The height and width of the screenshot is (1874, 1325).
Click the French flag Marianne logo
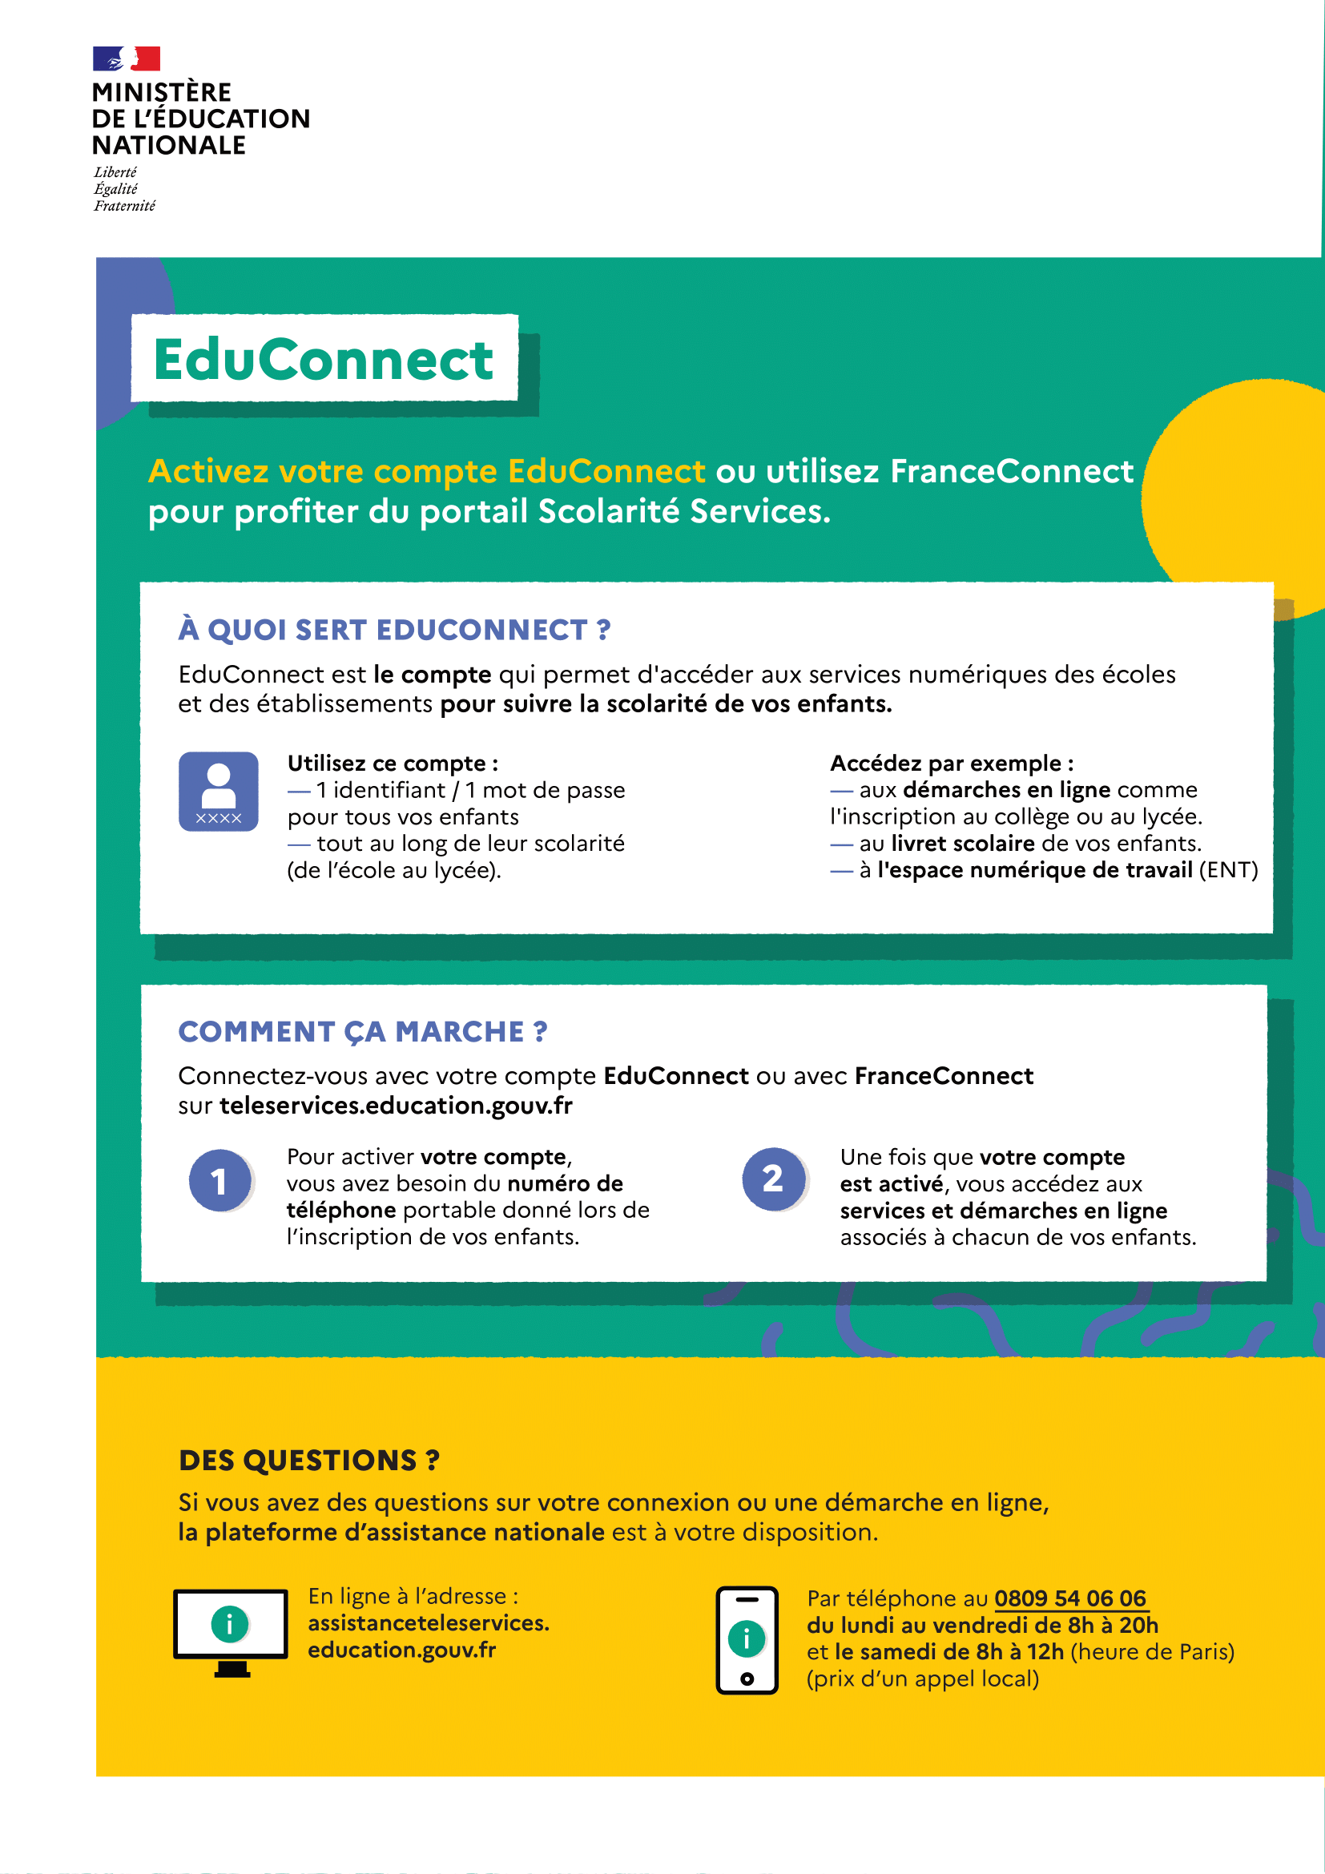127,58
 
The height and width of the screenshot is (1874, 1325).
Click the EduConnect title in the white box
323,359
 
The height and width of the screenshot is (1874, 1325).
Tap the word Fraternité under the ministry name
124,206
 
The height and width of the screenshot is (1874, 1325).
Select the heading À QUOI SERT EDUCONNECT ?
394,630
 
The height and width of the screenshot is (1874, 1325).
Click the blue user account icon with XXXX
219,792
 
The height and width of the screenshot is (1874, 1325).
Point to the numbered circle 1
219,1180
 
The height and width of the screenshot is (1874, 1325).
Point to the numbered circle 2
772,1179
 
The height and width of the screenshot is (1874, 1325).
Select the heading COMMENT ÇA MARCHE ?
362,1032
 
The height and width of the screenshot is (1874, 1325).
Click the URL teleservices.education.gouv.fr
396,1106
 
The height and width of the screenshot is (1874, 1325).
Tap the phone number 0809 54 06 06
1069,1598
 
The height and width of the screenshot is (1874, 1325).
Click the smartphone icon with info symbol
747,1640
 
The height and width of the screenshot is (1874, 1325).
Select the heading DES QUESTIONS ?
308,1461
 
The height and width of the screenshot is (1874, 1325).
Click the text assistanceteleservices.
429,1622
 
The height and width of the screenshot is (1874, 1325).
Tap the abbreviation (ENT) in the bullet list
1228,870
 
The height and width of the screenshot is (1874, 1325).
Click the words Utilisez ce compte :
393,764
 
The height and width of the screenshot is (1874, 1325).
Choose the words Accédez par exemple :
952,764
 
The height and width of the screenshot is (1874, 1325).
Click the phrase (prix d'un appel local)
922,1679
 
